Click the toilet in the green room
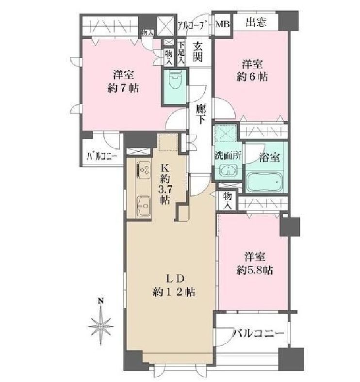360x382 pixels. (174, 80)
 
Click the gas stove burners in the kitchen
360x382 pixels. (144, 169)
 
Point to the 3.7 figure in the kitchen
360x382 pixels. (164, 189)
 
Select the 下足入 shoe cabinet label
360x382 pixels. (181, 53)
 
